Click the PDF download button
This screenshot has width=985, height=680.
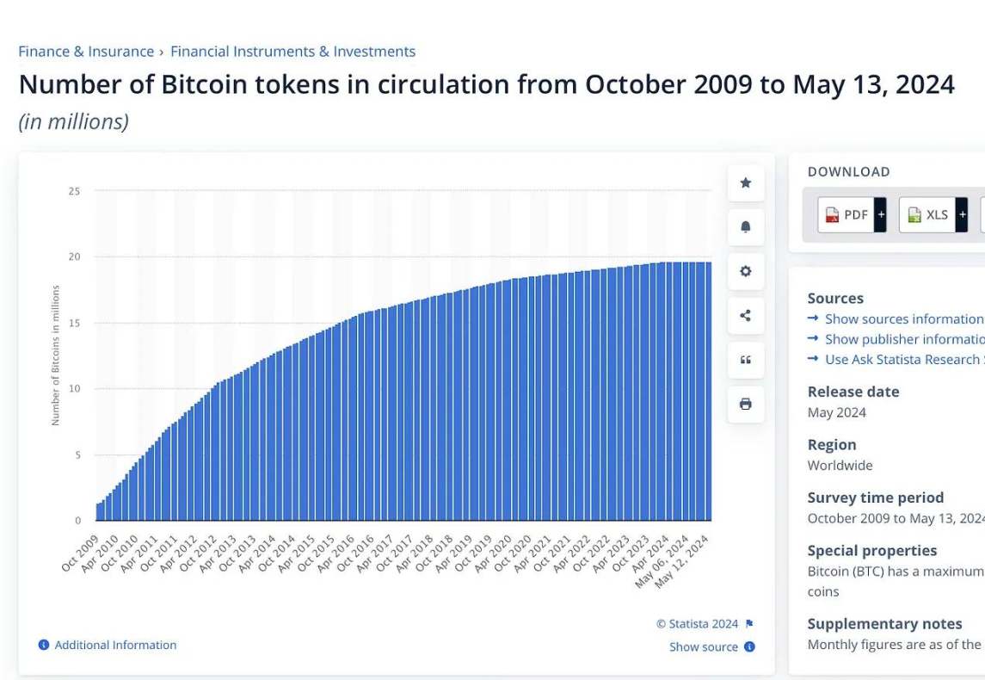click(846, 214)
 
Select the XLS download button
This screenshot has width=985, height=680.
click(927, 214)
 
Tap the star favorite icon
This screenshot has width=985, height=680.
click(746, 182)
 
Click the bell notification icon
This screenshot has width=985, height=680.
click(746, 226)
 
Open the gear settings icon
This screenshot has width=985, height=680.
click(746, 271)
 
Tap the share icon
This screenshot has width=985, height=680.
click(746, 315)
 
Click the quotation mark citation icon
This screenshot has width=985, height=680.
click(746, 360)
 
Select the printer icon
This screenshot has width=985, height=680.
click(746, 404)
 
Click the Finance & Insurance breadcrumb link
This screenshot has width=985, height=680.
click(86, 52)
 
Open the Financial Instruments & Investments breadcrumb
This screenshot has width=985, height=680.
click(292, 52)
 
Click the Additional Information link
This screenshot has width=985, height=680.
click(115, 645)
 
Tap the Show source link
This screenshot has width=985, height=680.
click(704, 647)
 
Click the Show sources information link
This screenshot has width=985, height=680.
click(903, 318)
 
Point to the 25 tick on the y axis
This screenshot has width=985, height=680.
click(75, 191)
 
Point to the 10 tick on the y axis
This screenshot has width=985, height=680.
click(75, 389)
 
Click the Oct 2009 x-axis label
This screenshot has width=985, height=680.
click(81, 552)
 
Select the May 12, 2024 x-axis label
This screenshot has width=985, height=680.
click(683, 561)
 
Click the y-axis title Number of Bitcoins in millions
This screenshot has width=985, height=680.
click(56, 355)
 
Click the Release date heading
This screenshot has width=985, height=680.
click(853, 392)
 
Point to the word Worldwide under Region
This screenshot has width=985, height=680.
click(840, 466)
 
